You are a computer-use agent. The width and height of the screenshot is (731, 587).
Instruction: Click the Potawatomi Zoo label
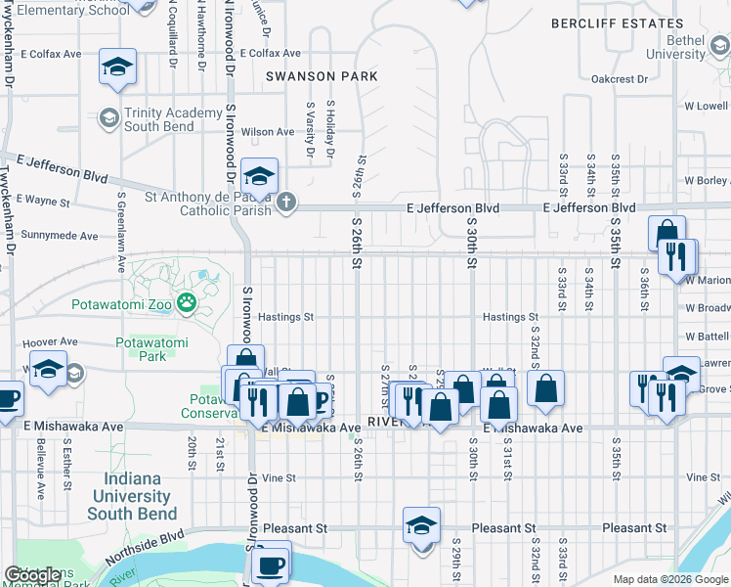[121, 304]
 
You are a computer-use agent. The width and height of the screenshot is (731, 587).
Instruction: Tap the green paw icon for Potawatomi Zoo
[186, 304]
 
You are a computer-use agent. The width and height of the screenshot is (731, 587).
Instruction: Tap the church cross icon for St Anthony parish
[284, 203]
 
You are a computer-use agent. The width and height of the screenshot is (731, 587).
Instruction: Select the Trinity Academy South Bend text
[173, 119]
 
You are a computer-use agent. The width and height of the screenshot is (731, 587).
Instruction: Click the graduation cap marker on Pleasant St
[421, 525]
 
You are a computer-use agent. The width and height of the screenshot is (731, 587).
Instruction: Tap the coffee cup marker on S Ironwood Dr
[270, 564]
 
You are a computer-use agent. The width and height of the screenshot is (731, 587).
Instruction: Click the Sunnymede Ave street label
[60, 236]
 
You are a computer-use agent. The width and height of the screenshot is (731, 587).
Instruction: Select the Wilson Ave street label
[267, 132]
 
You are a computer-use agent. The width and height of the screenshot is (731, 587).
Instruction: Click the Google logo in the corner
[34, 575]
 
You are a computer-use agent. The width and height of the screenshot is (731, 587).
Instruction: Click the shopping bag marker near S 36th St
[666, 233]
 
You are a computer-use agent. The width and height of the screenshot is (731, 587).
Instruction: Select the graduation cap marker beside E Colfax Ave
[117, 67]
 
